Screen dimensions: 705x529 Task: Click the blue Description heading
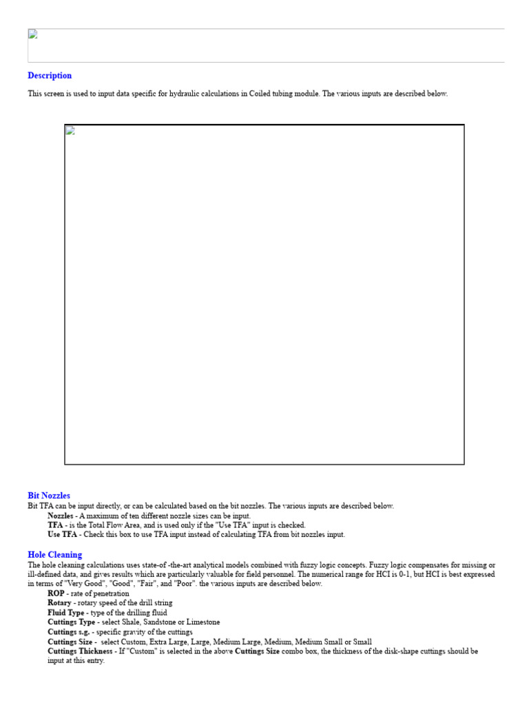pyautogui.click(x=50, y=76)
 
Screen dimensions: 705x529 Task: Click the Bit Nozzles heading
pyautogui.click(x=49, y=496)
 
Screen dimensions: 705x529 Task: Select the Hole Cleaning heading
pyautogui.click(x=54, y=555)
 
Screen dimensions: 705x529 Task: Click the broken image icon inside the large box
pyautogui.click(x=70, y=131)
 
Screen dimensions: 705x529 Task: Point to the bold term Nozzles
pyautogui.click(x=61, y=516)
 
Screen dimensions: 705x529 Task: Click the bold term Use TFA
pyautogui.click(x=62, y=534)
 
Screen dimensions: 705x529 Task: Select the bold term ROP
pyautogui.click(x=56, y=593)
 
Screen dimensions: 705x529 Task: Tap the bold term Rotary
pyautogui.click(x=60, y=603)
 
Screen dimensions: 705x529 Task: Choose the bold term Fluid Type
pyautogui.click(x=65, y=613)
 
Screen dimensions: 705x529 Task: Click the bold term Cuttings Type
pyautogui.click(x=71, y=622)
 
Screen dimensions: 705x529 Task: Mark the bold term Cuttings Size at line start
pyautogui.click(x=70, y=642)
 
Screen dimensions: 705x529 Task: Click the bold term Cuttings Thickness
pyautogui.click(x=79, y=651)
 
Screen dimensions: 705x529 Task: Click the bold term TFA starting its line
pyautogui.click(x=55, y=525)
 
